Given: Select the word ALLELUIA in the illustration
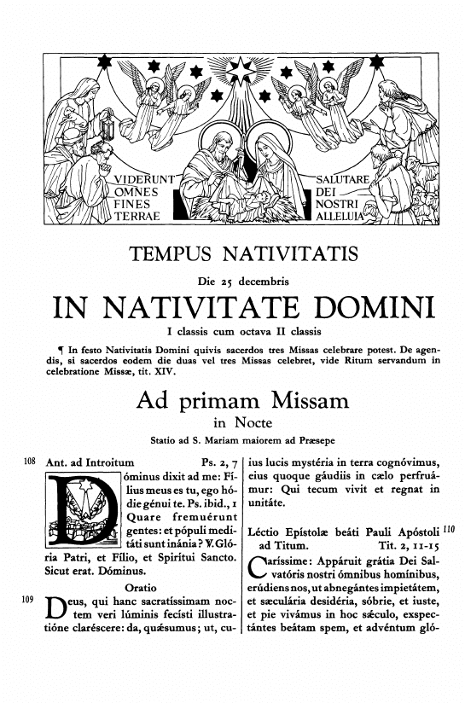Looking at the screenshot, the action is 343,217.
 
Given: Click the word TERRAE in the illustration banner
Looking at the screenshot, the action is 137,217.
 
